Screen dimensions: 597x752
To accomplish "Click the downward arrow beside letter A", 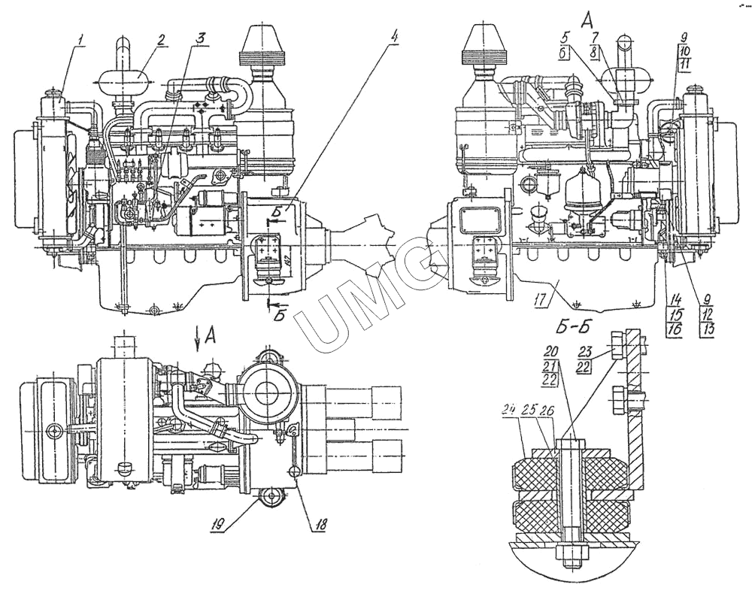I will (198, 341).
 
